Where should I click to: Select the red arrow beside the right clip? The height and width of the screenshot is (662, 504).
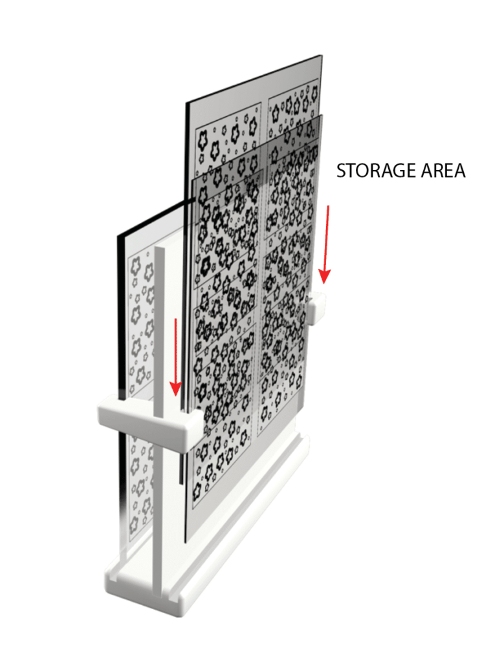click(325, 244)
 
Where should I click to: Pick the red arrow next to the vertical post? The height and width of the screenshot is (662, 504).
click(176, 357)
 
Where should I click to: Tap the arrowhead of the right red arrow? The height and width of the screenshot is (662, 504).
click(325, 276)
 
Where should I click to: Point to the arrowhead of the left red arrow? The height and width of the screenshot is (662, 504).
click(175, 389)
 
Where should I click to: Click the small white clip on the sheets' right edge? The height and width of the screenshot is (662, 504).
click(317, 308)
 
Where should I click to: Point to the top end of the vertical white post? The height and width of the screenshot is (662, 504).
click(160, 248)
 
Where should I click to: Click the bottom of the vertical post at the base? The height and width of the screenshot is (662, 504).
click(160, 595)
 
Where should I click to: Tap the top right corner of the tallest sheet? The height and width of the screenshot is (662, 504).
click(322, 56)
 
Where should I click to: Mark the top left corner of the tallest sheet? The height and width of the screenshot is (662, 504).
click(186, 103)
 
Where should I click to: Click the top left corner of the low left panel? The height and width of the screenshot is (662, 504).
click(118, 235)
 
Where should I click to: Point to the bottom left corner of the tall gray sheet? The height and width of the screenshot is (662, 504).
click(185, 542)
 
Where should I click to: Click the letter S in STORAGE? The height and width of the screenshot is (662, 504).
click(341, 171)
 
